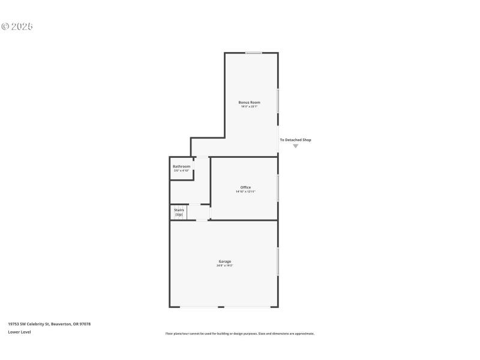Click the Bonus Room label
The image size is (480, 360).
click(249, 103)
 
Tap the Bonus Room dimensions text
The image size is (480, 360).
click(249, 107)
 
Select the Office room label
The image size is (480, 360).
click(245, 187)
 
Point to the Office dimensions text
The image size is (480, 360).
click(245, 191)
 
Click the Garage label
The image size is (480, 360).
click(224, 261)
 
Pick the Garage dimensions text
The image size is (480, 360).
click(224, 265)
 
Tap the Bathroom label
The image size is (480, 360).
click(181, 166)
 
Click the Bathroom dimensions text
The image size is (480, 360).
click(181, 170)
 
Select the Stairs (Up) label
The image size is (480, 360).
click(179, 212)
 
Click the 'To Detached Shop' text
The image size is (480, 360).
click(295, 140)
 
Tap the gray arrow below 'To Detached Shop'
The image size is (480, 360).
click(295, 146)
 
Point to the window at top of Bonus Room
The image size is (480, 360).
click(254, 53)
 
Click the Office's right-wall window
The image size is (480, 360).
click(278, 187)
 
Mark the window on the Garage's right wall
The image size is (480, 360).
click(278, 262)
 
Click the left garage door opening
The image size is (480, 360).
click(199, 307)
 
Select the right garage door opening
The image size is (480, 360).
click(247, 307)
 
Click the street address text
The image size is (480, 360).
click(49, 324)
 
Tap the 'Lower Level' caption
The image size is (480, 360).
click(19, 332)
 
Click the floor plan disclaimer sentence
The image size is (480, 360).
click(239, 334)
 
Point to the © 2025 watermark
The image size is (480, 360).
click(17, 26)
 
